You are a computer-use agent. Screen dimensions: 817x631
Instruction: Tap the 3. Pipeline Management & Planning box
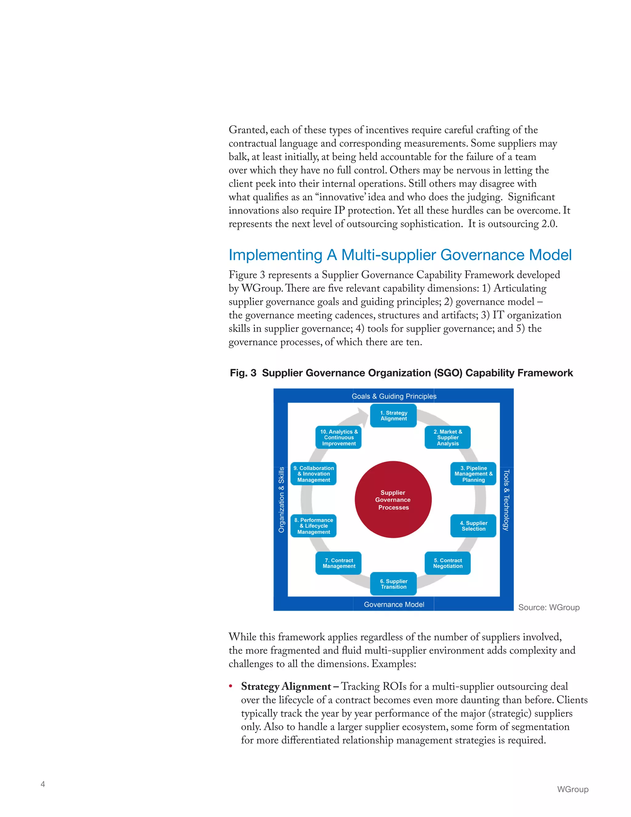(x=473, y=474)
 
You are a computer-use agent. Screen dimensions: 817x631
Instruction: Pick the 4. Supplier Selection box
(x=473, y=526)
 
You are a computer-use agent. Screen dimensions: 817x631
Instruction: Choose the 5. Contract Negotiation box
(x=447, y=563)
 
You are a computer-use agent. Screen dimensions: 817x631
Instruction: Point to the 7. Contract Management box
(x=339, y=563)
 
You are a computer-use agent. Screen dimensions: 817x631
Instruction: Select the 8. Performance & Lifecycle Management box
(x=314, y=526)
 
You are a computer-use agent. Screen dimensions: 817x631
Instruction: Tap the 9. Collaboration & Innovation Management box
(x=314, y=474)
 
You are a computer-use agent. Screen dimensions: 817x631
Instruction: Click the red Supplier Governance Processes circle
(x=393, y=500)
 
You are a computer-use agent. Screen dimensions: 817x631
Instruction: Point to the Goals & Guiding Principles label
(x=394, y=396)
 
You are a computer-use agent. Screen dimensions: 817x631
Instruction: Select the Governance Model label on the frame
(x=394, y=605)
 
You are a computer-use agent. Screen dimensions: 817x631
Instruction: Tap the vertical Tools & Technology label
(x=506, y=500)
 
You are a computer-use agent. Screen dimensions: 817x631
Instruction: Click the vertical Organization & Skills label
(x=281, y=500)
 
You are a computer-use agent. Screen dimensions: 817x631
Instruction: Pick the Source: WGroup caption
(x=548, y=608)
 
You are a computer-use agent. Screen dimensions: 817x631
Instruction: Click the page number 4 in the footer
(x=43, y=784)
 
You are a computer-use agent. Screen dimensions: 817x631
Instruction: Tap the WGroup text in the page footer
(x=572, y=789)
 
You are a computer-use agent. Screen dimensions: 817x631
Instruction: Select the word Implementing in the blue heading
(x=275, y=255)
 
